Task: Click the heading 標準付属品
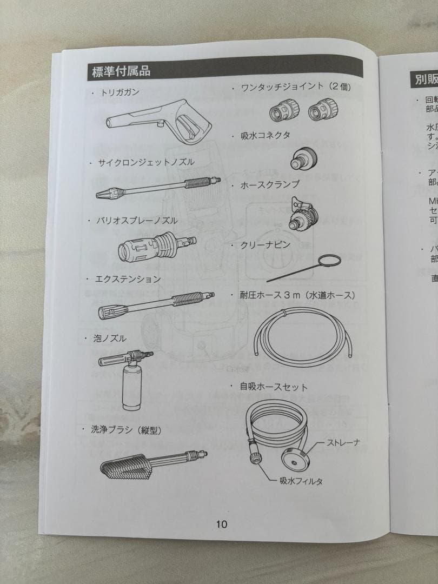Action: pos(121,70)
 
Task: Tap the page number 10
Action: pos(222,523)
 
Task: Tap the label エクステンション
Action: pos(128,279)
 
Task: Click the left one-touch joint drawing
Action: pos(282,111)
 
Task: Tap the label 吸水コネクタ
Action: pos(265,136)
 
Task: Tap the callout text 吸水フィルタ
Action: pos(301,481)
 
